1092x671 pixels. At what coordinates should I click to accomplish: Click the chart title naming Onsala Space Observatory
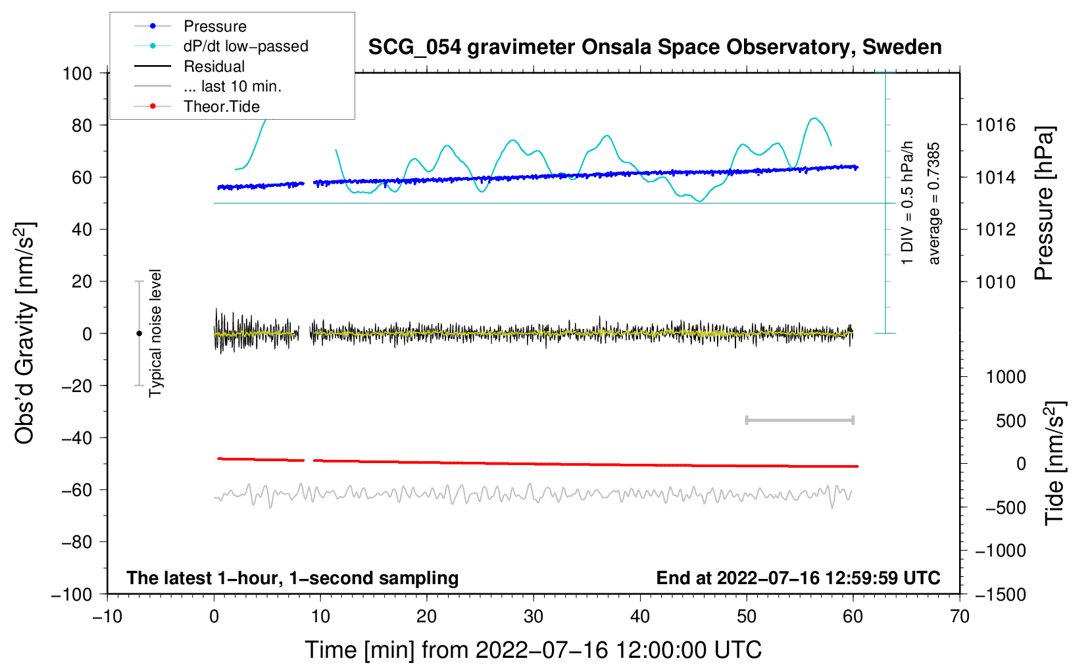pos(655,47)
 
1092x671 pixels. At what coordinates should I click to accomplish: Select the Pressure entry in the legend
pos(214,26)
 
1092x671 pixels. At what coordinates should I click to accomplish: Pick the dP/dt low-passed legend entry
pos(245,46)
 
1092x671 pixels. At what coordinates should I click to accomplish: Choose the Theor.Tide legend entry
pos(221,107)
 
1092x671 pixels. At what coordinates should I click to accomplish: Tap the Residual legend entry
pos(214,66)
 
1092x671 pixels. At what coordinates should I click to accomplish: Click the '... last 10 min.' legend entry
pos(232,86)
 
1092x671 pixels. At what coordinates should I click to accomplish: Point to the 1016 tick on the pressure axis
pos(995,125)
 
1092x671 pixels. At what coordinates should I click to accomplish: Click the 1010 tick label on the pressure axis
pos(995,282)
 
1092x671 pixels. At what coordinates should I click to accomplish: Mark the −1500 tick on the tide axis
pos(1000,594)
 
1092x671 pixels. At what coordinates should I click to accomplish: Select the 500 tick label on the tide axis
pos(1010,420)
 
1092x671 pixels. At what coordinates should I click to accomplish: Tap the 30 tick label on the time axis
pos(534,616)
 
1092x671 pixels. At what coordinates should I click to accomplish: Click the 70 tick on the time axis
pos(960,616)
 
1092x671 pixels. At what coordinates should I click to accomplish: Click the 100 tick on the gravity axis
pos(78,73)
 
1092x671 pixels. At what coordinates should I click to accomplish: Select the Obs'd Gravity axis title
pos(25,333)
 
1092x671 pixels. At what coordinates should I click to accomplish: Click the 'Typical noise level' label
pos(155,333)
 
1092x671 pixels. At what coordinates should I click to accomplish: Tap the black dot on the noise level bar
pos(139,334)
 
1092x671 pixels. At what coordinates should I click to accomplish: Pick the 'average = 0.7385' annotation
pos(934,204)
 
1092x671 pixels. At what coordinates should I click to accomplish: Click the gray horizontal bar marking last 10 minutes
pos(799,420)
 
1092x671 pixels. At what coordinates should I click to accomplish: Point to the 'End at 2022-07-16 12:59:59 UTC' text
pos(798,578)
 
